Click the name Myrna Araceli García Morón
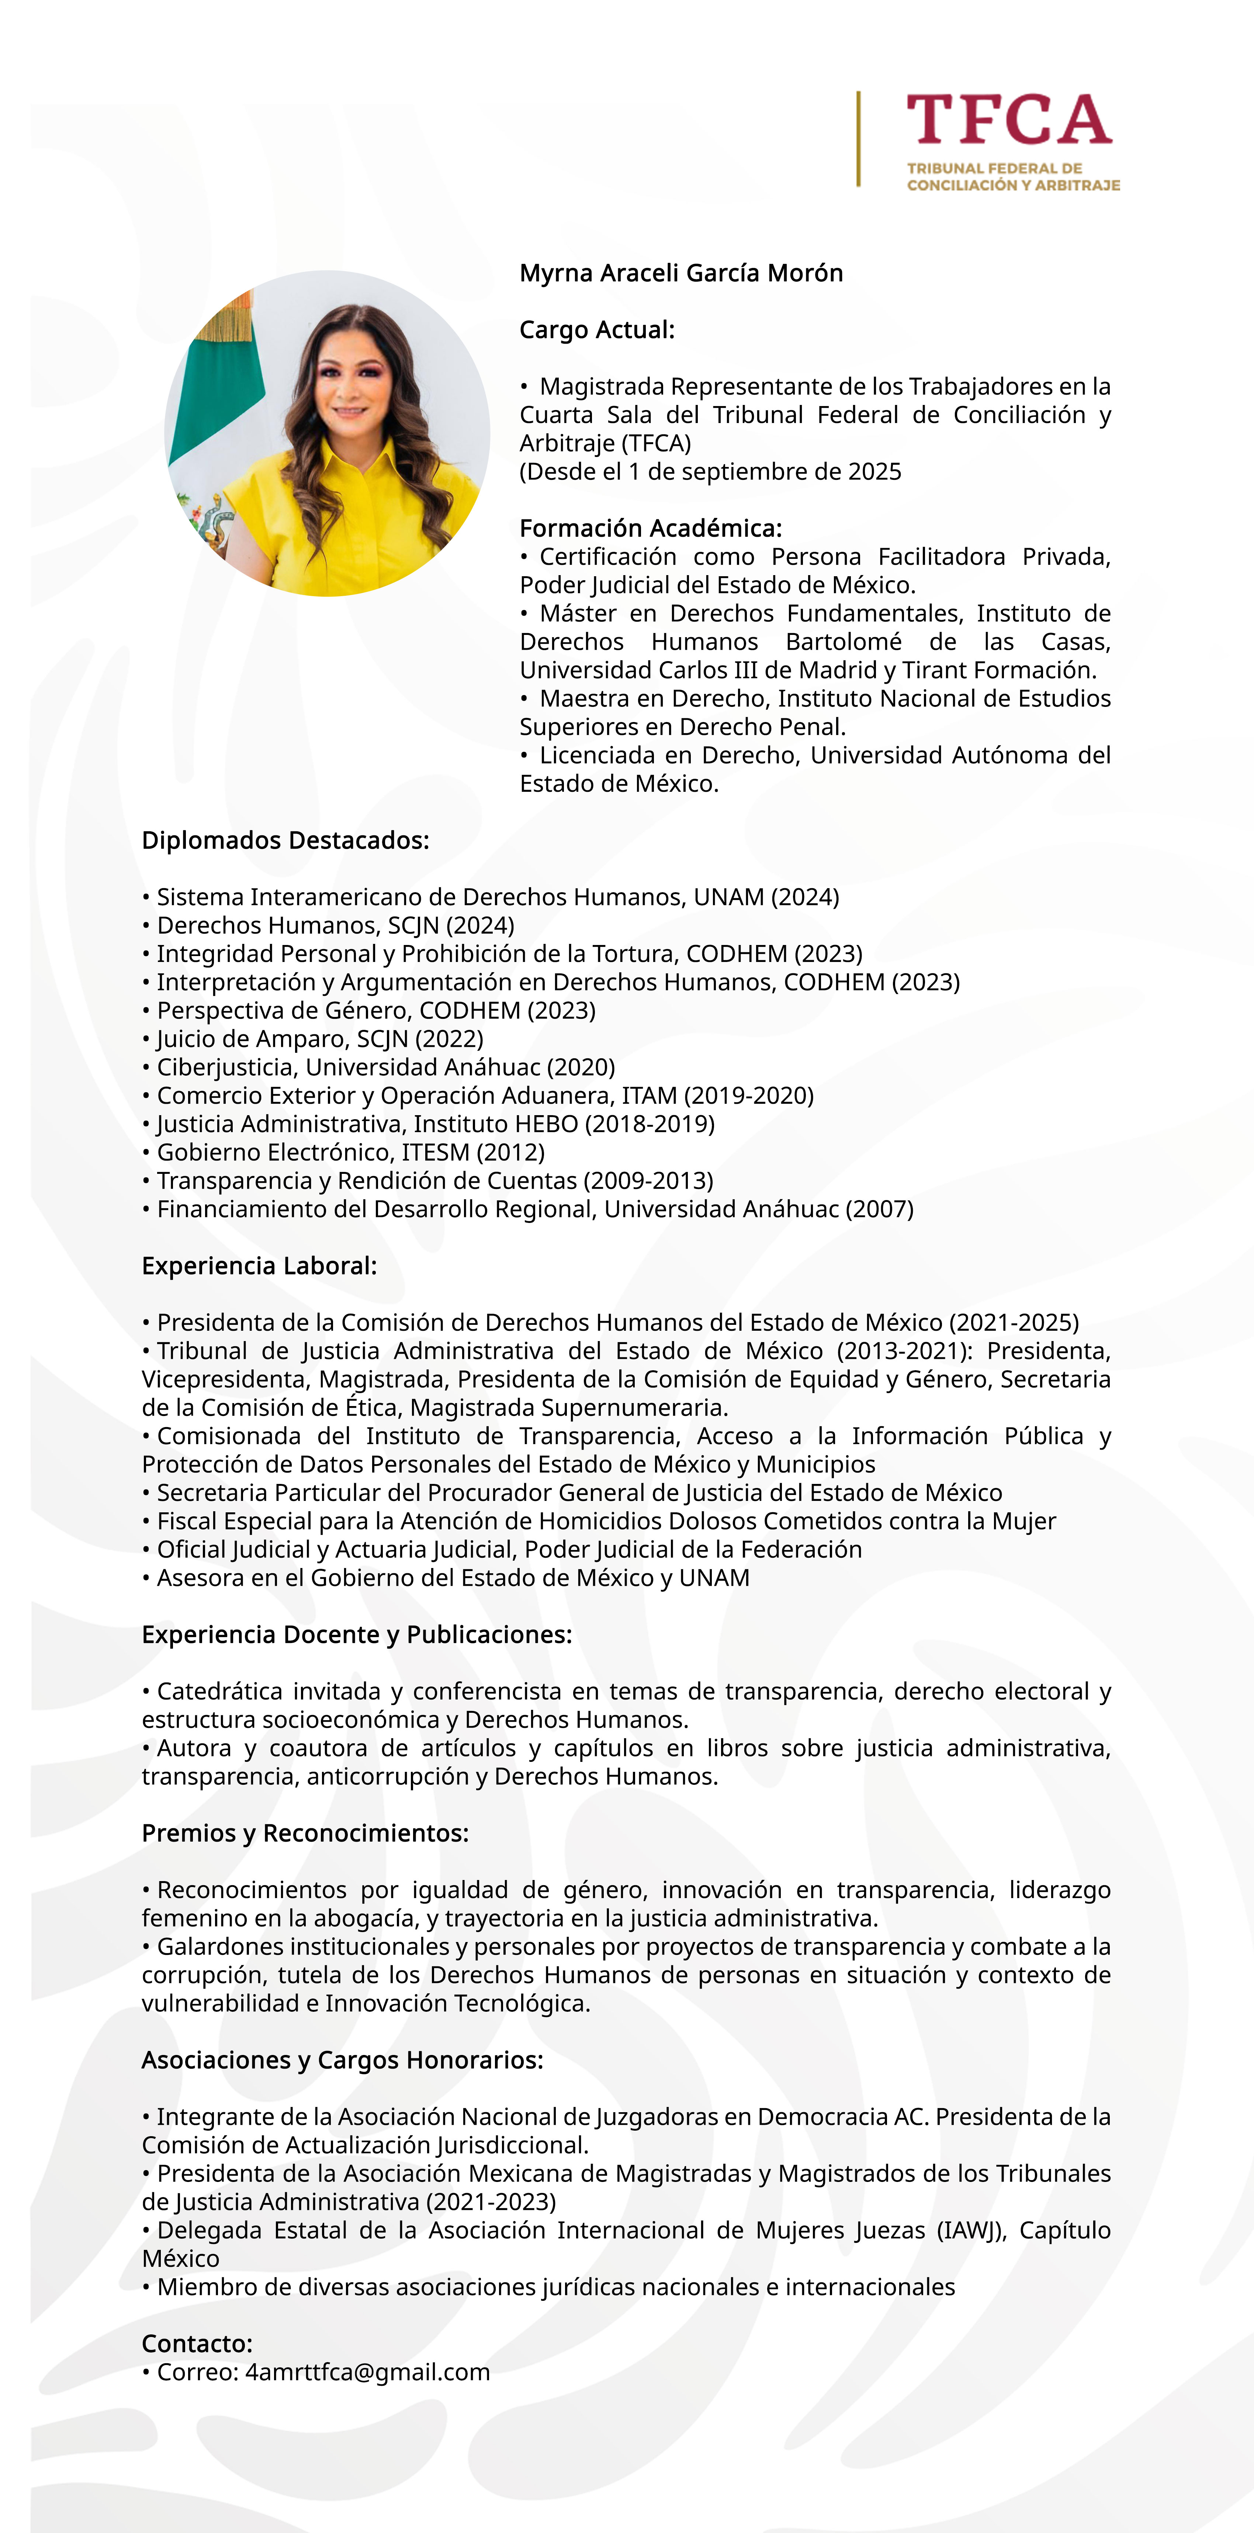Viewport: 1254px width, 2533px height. (681, 274)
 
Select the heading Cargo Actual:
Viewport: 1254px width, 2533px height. (596, 330)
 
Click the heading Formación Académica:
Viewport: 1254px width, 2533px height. (651, 529)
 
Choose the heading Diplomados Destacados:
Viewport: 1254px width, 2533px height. (285, 841)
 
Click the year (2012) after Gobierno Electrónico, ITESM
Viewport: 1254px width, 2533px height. (511, 1152)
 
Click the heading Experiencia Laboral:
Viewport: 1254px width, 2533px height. (259, 1266)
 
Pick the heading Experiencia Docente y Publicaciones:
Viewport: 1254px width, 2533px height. (356, 1635)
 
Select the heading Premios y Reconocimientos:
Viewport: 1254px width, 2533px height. (305, 1834)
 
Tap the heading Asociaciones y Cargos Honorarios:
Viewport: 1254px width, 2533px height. (342, 2061)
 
